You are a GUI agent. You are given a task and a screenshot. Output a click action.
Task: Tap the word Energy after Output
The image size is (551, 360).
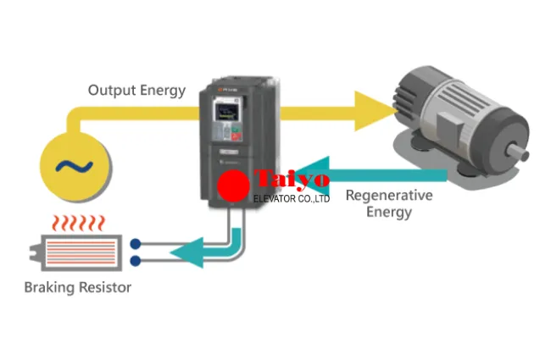click(x=163, y=90)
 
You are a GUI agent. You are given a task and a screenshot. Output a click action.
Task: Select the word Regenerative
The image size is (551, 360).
click(x=389, y=196)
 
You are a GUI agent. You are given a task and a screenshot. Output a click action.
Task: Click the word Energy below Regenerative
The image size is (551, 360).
click(x=389, y=212)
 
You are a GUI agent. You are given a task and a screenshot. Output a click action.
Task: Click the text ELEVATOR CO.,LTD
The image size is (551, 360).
click(x=292, y=198)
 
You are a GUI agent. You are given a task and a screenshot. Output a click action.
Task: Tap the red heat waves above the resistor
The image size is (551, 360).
click(x=77, y=224)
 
